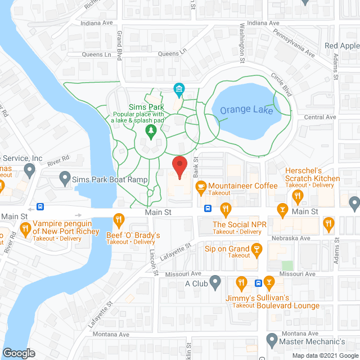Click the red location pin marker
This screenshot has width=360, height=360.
click(179, 167)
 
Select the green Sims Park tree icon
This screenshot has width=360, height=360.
click(151, 132)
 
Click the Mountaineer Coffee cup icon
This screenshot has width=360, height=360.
click(200, 186)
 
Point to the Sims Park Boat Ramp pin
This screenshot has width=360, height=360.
click(64, 179)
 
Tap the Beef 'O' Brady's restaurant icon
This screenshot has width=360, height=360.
click(119, 219)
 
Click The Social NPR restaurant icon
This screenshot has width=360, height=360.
click(226, 209)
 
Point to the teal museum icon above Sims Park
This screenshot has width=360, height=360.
click(179, 89)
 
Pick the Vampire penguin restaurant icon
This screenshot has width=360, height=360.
click(25, 228)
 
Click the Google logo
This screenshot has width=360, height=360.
click(18, 353)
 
